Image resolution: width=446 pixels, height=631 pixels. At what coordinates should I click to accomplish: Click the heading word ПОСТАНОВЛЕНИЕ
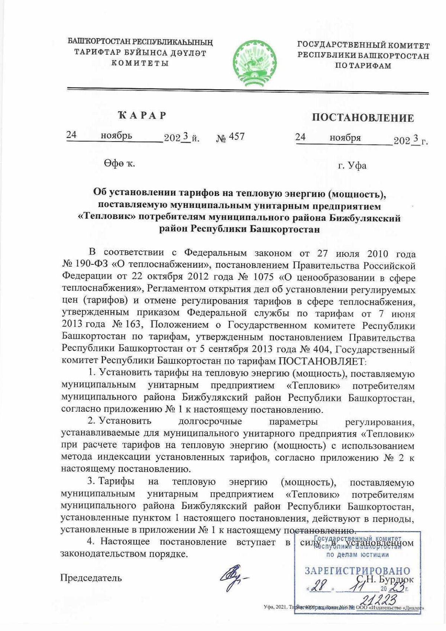(363, 118)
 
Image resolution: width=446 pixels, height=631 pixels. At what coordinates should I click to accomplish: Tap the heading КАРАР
(142, 115)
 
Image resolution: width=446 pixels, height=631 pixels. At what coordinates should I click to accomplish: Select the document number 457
(236, 136)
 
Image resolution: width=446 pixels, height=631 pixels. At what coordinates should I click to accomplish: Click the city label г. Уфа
(352, 165)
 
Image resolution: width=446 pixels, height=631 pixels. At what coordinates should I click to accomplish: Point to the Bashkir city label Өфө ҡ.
(119, 163)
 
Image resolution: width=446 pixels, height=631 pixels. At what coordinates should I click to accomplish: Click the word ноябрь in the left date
(116, 136)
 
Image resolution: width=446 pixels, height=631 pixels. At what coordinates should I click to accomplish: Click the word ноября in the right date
(345, 138)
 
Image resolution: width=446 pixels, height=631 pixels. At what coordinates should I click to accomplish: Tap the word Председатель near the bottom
(91, 577)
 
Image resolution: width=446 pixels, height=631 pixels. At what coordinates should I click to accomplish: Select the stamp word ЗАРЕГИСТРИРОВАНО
(358, 571)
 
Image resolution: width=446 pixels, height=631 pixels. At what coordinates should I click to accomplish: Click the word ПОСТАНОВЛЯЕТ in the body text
(322, 361)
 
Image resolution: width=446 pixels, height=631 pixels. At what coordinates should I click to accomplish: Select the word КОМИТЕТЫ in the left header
(140, 63)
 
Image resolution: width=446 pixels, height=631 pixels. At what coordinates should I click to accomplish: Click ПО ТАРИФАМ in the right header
(363, 66)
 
